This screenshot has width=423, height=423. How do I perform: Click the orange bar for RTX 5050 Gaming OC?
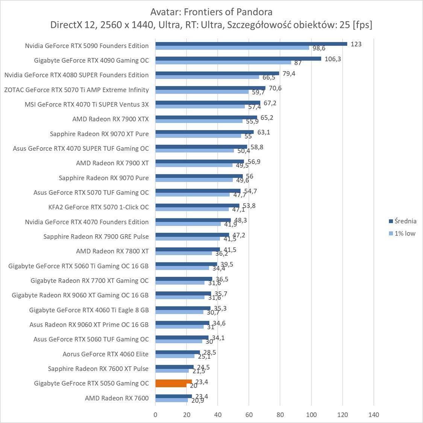click(x=173, y=382)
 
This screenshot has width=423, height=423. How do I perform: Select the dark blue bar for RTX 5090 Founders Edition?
click(x=251, y=44)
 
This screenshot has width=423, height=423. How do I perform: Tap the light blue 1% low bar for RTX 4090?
click(x=223, y=62)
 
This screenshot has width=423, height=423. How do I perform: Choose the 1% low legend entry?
click(x=405, y=233)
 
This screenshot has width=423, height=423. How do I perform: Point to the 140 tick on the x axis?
click(x=374, y=415)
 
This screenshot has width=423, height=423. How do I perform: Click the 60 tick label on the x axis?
click(x=249, y=415)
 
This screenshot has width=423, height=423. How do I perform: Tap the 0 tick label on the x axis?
click(x=155, y=415)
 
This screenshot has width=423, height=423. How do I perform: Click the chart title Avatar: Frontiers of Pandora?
click(x=211, y=12)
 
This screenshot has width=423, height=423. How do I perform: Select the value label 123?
click(x=356, y=44)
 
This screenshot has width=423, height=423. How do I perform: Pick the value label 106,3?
click(x=332, y=59)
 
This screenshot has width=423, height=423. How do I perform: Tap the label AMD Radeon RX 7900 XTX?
click(x=111, y=119)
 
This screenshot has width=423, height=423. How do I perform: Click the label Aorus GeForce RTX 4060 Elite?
click(x=106, y=354)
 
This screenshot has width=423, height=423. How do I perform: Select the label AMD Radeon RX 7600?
click(x=117, y=398)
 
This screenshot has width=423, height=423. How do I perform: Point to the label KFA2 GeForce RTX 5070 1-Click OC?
click(x=99, y=207)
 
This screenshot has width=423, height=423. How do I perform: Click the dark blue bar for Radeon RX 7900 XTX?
click(x=206, y=117)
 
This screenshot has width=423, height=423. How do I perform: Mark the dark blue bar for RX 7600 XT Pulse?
click(x=174, y=367)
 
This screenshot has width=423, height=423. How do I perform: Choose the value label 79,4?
click(x=289, y=73)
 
